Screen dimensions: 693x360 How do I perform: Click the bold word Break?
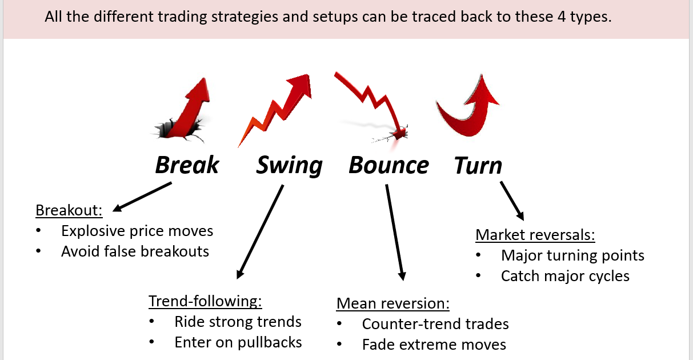coord(187,165)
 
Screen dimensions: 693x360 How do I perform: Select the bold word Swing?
coord(289,166)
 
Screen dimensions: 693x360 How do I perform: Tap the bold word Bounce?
coord(388,165)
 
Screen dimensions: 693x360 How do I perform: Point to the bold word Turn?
coord(478,165)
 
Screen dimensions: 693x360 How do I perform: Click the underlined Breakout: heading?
coord(69,210)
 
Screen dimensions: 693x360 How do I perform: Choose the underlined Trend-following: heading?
coord(205,301)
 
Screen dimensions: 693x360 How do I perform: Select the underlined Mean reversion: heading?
coord(393,303)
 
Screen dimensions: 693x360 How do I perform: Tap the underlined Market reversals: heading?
coord(535,235)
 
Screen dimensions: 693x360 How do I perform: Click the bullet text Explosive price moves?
coord(137,231)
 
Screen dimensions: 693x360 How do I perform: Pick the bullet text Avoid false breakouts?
coord(135,251)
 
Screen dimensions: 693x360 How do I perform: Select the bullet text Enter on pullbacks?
coord(238,342)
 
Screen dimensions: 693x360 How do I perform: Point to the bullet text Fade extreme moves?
coord(434,345)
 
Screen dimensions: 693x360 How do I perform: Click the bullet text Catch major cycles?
coord(565,276)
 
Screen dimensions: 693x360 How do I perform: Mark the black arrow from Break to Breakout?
coord(142,197)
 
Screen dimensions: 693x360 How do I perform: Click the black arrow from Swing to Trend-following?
coord(260,232)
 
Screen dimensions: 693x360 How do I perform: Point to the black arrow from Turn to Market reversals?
coord(512,201)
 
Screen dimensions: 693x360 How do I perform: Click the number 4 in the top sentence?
coord(562,17)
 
